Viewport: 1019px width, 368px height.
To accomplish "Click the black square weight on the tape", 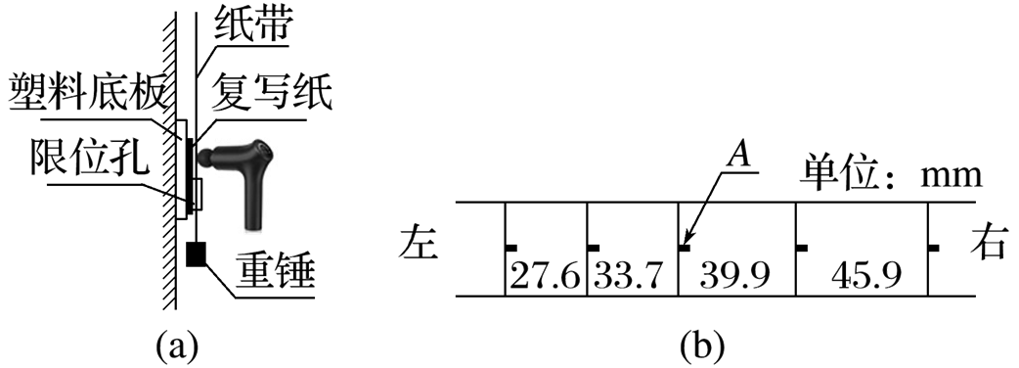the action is [x=196, y=254].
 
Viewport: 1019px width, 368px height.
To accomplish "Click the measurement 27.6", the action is [x=545, y=277].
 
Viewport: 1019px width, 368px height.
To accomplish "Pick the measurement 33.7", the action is [x=627, y=277].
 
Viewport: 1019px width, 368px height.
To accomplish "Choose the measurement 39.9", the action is [x=734, y=276].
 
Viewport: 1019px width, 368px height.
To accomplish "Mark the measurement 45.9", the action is [x=865, y=277].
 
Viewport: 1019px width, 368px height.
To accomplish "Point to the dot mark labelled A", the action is [x=684, y=248].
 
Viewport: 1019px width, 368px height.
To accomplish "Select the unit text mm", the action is [x=950, y=178].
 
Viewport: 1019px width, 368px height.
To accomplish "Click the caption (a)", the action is [x=175, y=347].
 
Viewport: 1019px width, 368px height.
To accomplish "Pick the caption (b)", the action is [x=702, y=347].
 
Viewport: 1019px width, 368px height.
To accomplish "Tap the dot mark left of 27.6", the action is [x=511, y=248].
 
